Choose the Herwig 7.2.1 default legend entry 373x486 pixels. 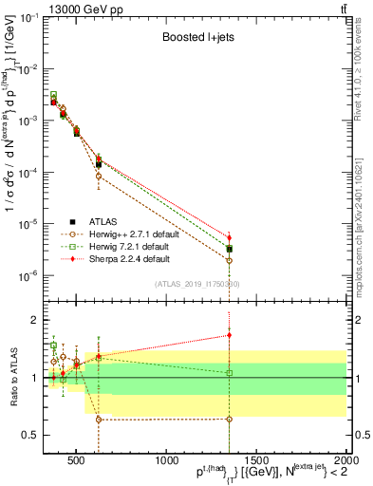122,246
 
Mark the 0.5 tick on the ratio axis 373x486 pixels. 34,436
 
